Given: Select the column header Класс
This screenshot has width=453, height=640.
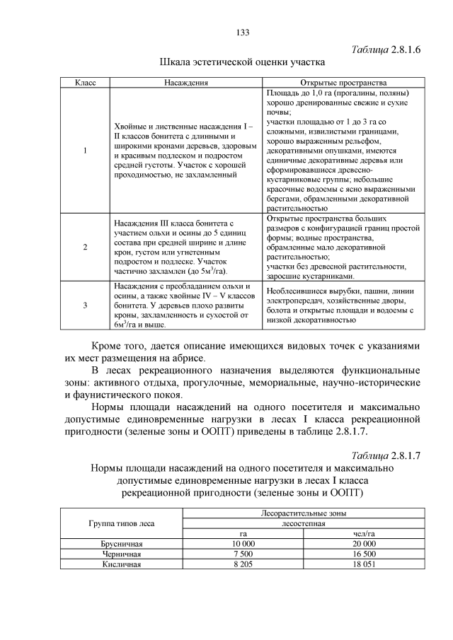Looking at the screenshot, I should tap(86, 83).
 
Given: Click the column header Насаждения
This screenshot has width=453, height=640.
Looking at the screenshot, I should tap(185, 83).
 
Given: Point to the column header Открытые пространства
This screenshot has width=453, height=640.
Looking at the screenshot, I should tap(343, 83).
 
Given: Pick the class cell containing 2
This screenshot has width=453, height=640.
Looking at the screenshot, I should tap(86, 247).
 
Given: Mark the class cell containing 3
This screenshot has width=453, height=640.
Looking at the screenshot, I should tap(86, 305).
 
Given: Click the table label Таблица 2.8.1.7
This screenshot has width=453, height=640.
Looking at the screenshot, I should tap(386, 455).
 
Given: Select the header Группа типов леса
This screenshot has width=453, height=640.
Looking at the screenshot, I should tap(122, 524).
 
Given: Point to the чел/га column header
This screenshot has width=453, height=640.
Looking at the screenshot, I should tap(363, 534).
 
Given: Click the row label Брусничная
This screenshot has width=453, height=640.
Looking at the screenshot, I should tap(122, 544).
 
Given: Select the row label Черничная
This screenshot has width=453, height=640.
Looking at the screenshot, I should tap(122, 554).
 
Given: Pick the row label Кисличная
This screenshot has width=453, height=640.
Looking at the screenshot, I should tap(122, 564).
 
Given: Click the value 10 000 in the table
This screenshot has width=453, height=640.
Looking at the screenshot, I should tap(243, 544).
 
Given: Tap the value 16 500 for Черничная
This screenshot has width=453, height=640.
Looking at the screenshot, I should tap(363, 554).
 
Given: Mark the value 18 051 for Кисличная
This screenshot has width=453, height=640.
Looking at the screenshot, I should tap(363, 564).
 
